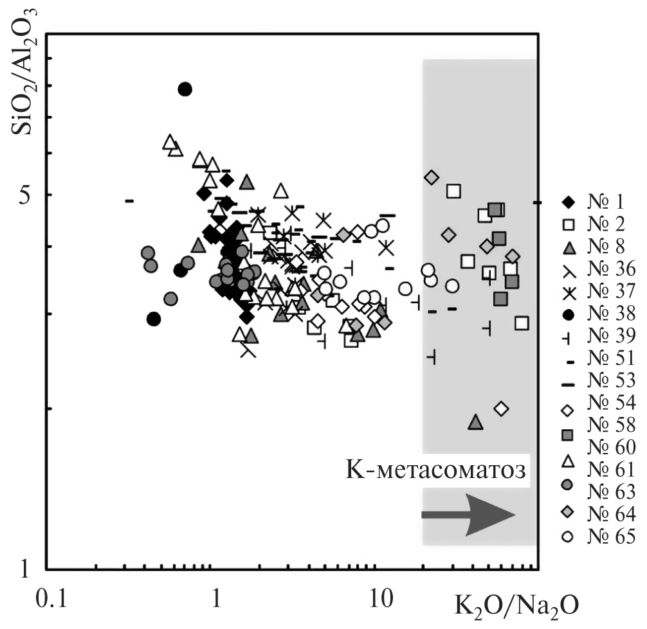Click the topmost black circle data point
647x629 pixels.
[185, 89]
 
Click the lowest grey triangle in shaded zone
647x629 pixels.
[475, 422]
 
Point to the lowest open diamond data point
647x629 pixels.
[502, 408]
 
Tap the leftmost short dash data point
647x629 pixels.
[129, 201]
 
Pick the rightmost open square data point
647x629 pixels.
[522, 323]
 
